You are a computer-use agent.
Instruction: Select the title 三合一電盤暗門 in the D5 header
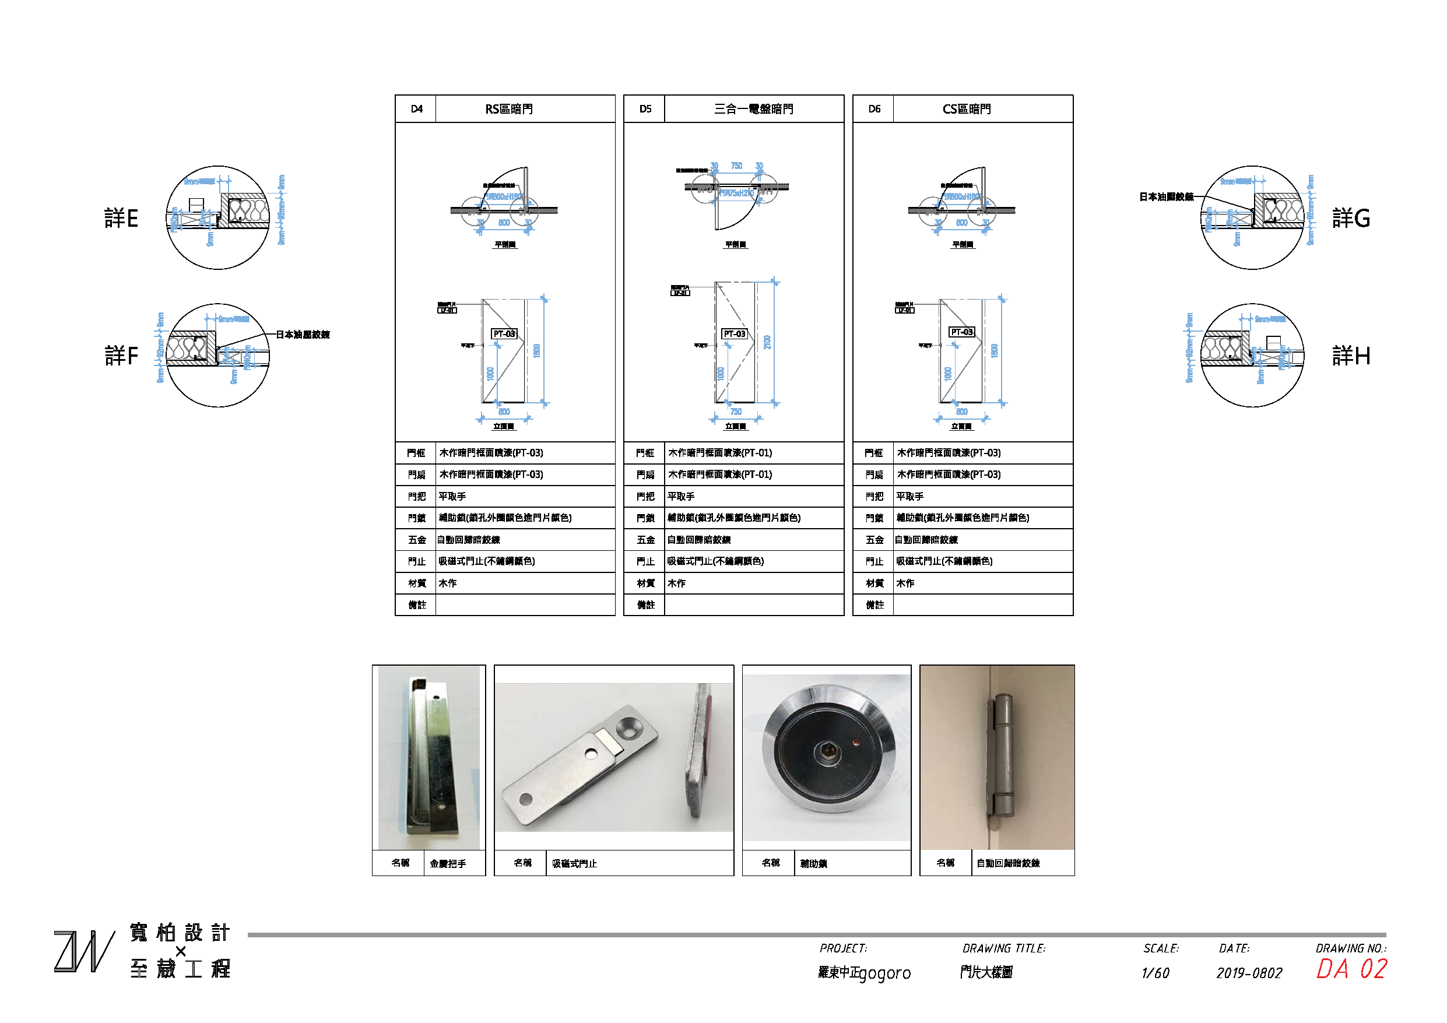(753, 109)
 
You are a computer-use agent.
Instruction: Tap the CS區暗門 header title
(966, 109)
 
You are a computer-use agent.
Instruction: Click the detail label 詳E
(121, 218)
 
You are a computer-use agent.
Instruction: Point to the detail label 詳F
(121, 356)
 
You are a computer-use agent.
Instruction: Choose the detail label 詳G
(1351, 218)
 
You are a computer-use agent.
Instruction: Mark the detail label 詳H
(1351, 356)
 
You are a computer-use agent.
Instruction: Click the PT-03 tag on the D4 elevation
(504, 333)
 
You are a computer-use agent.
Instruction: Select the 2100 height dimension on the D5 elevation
(767, 342)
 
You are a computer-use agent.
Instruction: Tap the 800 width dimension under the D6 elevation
(962, 412)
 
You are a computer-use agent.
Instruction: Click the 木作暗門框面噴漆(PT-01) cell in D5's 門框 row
(720, 452)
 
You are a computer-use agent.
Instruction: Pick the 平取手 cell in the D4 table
(452, 496)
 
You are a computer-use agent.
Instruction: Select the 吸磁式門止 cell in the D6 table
(944, 561)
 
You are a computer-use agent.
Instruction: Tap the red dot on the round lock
(856, 743)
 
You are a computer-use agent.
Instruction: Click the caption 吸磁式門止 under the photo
(574, 863)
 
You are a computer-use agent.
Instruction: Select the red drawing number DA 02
(1351, 969)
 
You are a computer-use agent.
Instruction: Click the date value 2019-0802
(1249, 972)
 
